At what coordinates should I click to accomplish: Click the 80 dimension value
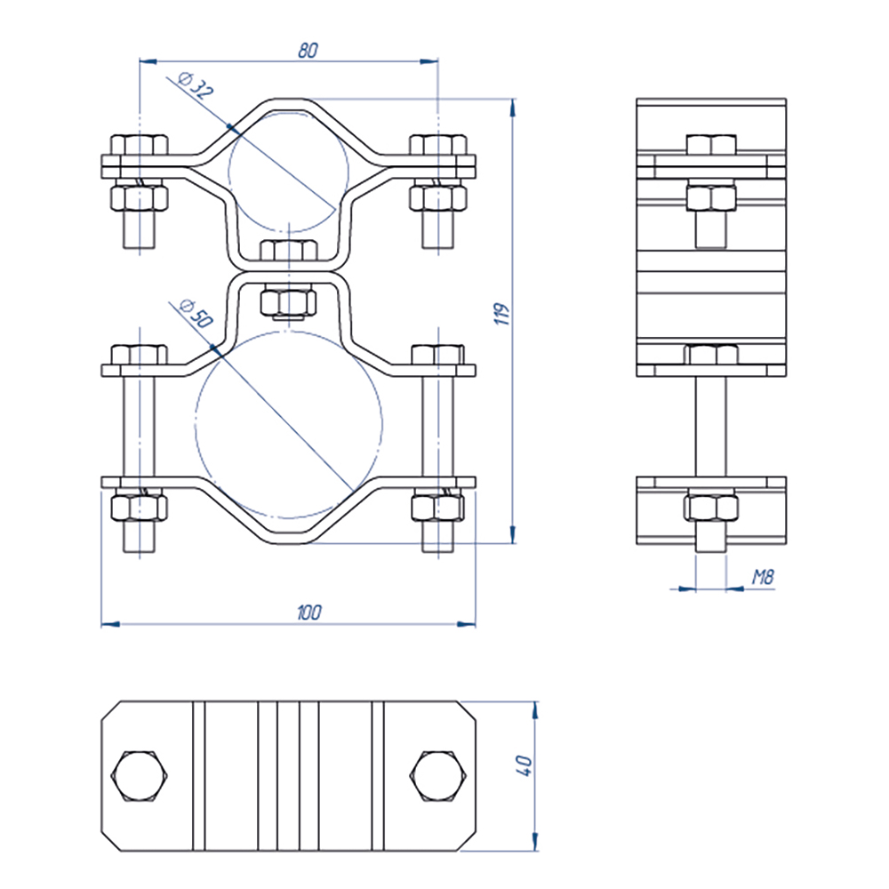tap(308, 51)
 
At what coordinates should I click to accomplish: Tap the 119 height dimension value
tap(501, 314)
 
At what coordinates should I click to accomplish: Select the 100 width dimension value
tap(309, 613)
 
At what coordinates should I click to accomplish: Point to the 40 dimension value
tap(524, 765)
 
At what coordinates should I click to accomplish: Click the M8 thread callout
tap(763, 577)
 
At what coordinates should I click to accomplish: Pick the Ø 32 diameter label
tap(196, 85)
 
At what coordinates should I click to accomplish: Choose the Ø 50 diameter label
tap(196, 313)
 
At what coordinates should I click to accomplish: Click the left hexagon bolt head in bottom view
tap(140, 776)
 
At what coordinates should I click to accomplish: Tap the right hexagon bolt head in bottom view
tap(438, 776)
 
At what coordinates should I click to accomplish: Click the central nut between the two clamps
tap(288, 303)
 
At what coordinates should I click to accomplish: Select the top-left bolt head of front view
tap(140, 145)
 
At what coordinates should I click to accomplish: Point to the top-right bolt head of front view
tap(438, 145)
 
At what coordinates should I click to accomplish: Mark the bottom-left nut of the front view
tap(140, 508)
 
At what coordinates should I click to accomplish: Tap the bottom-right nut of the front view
tap(438, 508)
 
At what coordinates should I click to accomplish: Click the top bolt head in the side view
tap(711, 145)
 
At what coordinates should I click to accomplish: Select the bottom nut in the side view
tap(711, 508)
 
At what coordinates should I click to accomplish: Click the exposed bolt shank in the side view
tap(710, 427)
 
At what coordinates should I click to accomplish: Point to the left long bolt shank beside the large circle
tap(139, 427)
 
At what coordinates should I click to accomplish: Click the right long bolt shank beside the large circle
tap(438, 427)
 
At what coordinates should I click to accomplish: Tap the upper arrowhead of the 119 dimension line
tap(513, 108)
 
